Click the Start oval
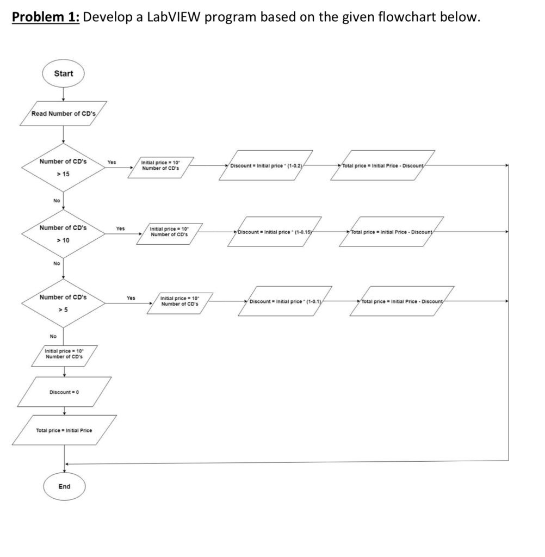point(64,73)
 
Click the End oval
point(64,486)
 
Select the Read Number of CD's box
point(64,114)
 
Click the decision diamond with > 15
point(63,168)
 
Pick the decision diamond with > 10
point(63,234)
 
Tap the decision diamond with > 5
point(63,303)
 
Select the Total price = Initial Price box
point(64,430)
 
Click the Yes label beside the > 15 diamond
point(112,162)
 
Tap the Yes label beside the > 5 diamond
point(131,298)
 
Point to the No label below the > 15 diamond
point(57,200)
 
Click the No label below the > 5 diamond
point(53,336)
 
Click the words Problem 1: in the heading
point(46,17)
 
